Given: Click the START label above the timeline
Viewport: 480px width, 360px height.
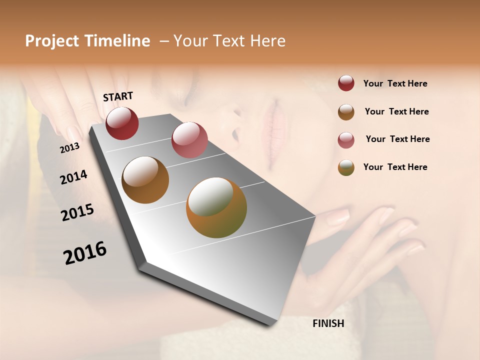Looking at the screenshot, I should coord(118,96).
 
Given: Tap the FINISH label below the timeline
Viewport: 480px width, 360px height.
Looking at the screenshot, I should coord(328,323).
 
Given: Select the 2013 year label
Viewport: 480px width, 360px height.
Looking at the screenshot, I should coord(69,148).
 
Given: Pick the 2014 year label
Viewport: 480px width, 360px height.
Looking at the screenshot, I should coord(73,177).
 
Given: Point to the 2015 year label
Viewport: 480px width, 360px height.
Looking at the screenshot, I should coord(77,212).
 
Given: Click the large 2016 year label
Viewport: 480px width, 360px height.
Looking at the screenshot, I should coord(85,252).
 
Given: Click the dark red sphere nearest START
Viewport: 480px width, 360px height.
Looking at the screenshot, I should coord(122,123).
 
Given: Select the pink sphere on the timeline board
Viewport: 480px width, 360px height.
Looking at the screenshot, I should coord(189,139).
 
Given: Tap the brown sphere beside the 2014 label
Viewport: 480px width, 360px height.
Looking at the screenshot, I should coord(145,180).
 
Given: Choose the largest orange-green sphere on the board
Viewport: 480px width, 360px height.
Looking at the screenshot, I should coord(216,207).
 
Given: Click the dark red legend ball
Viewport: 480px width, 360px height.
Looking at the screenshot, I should coord(346,83).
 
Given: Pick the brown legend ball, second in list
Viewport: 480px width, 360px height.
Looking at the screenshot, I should coord(346,112).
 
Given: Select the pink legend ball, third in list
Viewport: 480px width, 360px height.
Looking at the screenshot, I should coord(346,140).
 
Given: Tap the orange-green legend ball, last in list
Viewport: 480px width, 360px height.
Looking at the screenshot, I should coord(346,167).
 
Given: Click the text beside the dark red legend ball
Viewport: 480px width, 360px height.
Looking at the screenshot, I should coord(395,84).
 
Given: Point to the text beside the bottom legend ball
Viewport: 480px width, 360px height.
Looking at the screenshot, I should coord(395,167).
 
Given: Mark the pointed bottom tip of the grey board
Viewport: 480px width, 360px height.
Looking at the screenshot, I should coord(270,324).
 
